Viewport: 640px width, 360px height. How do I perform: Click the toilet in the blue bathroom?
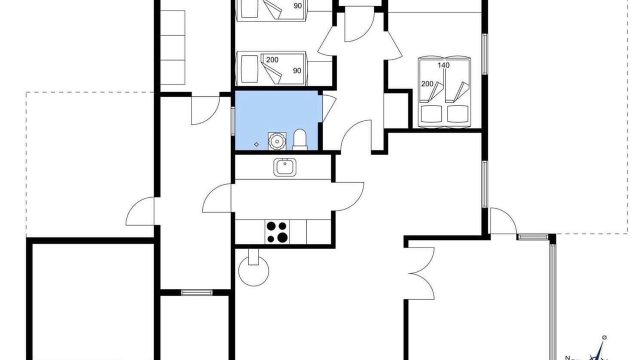tap(299, 139)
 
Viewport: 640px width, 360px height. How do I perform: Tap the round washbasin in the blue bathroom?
tap(277, 141)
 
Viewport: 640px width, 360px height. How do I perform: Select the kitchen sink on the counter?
tap(285, 167)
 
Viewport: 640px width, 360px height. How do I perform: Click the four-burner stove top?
tap(277, 231)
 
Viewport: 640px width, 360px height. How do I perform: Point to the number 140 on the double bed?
tap(443, 65)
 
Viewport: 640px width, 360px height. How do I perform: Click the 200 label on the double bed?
tap(427, 84)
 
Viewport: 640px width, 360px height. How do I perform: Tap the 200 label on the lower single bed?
tap(272, 59)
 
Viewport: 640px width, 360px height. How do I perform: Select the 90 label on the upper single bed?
tap(297, 5)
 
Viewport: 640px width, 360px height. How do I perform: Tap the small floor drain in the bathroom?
tap(256, 144)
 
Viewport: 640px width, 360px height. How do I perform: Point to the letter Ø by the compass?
tap(604, 337)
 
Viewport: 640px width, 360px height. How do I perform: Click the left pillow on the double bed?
tap(431, 114)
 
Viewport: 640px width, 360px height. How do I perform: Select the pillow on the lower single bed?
tap(249, 68)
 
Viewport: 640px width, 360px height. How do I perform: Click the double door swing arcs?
tap(421, 273)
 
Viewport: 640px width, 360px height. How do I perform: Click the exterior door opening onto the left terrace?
tap(140, 211)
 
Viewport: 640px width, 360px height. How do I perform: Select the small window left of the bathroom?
tap(233, 120)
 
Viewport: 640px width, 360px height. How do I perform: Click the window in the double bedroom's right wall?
tap(484, 54)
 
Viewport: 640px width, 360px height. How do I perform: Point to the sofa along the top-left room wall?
tap(172, 47)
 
